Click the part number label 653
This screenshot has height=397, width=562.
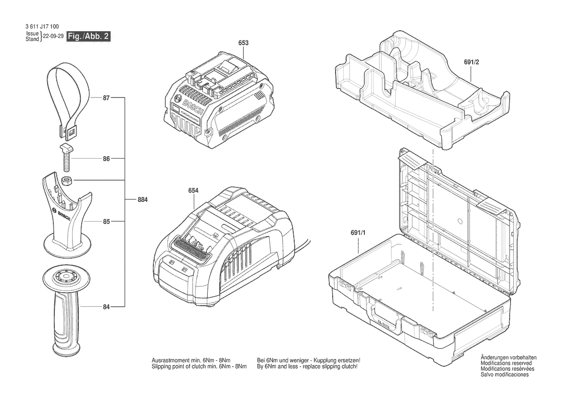[243, 43]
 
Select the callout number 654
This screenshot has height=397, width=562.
[193, 191]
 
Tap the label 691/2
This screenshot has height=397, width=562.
[471, 62]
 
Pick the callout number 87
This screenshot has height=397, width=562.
[106, 98]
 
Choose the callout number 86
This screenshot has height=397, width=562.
[106, 158]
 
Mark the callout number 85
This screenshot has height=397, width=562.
[106, 222]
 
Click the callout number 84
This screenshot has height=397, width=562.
[106, 307]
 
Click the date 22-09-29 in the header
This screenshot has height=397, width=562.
[53, 37]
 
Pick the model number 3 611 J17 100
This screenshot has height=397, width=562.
[42, 27]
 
